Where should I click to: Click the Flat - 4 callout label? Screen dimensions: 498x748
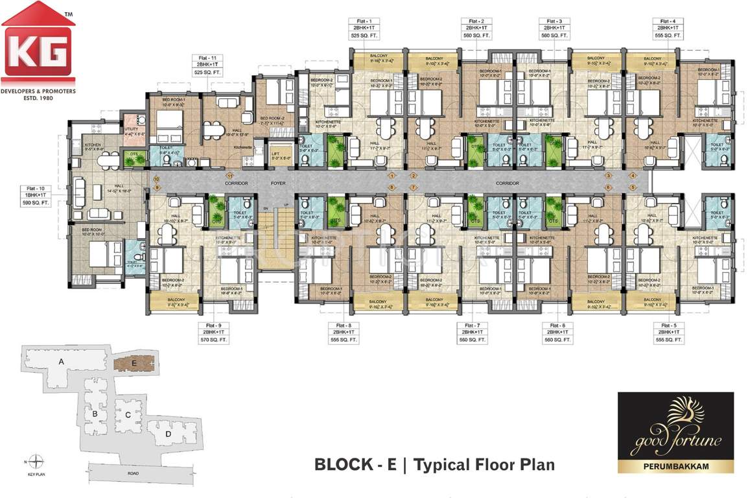[x=667, y=29]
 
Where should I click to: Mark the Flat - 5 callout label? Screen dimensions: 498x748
[x=667, y=331]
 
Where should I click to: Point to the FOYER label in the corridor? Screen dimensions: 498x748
[x=278, y=184]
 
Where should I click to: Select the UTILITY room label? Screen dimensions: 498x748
[x=131, y=129]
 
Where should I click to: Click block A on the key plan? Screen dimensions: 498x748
[x=62, y=362]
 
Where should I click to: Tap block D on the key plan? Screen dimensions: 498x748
[x=169, y=433]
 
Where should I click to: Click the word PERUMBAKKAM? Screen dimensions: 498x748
[x=675, y=465]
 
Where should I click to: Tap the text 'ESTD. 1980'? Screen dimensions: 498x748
[x=38, y=98]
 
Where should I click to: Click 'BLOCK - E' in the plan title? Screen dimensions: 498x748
[x=355, y=465]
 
